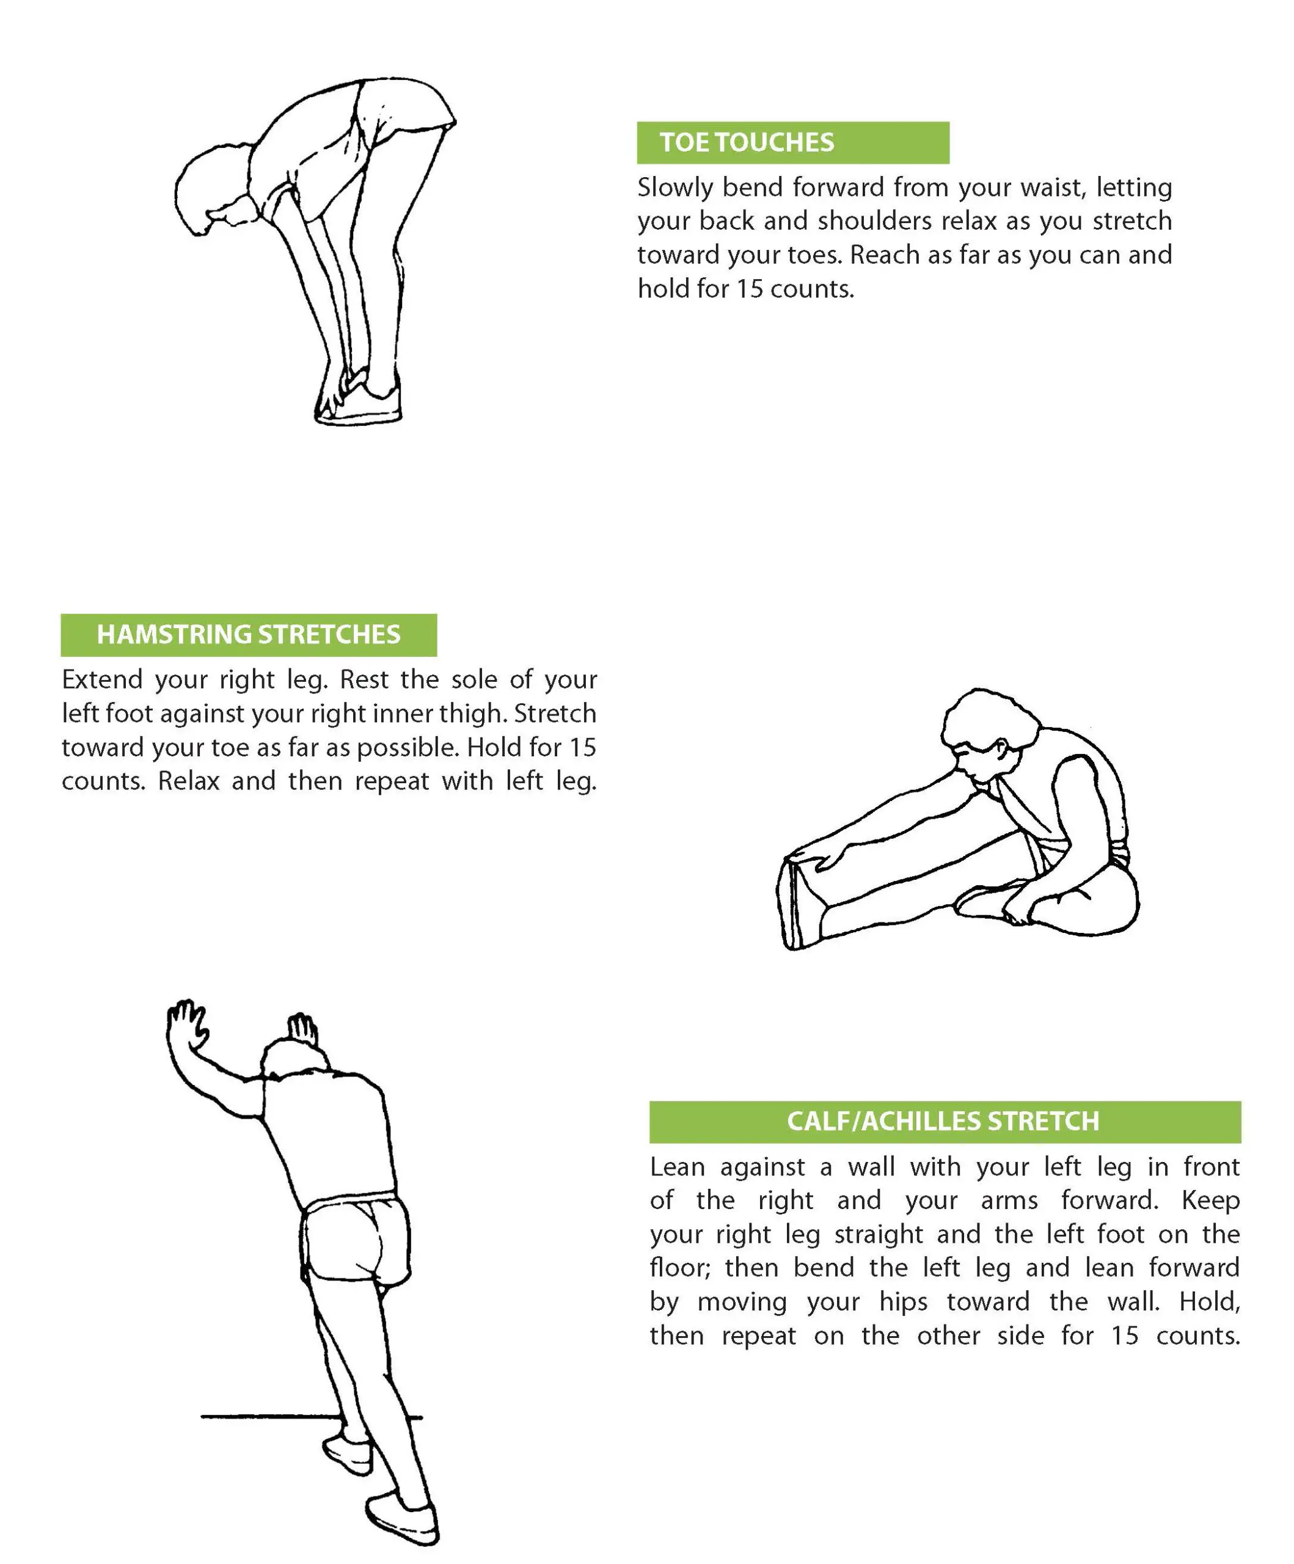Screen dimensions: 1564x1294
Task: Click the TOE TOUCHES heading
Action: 747,142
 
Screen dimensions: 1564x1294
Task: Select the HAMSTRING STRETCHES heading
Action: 248,635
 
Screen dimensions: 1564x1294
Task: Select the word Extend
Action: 101,679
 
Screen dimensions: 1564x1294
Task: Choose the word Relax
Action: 188,781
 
